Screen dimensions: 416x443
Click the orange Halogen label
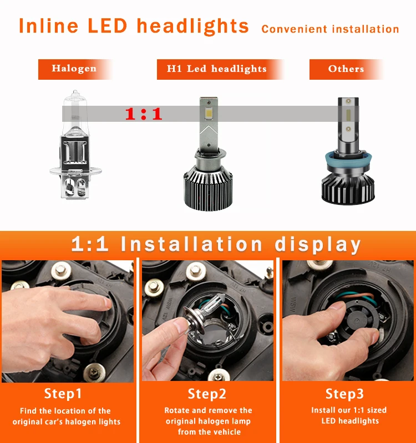pos(74,69)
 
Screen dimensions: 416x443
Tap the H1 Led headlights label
pos(217,69)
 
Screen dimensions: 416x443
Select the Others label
pos(346,69)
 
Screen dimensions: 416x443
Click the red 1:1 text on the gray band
pos(144,114)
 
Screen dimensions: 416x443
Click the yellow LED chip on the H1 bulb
pos(209,114)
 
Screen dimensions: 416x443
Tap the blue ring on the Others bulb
pos(348,158)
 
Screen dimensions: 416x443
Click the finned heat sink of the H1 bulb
pos(209,188)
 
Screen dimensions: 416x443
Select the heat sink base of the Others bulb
pos(348,188)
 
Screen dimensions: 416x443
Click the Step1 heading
pos(63,394)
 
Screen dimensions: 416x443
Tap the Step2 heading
pos(207,394)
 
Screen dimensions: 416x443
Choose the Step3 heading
pos(344,394)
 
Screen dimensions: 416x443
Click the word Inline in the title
pos(48,26)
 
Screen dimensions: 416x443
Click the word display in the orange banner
pos(318,245)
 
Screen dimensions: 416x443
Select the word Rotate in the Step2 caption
pos(177,410)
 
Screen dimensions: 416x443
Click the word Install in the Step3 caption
pos(323,410)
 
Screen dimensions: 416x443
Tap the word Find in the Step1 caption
pos(28,410)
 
